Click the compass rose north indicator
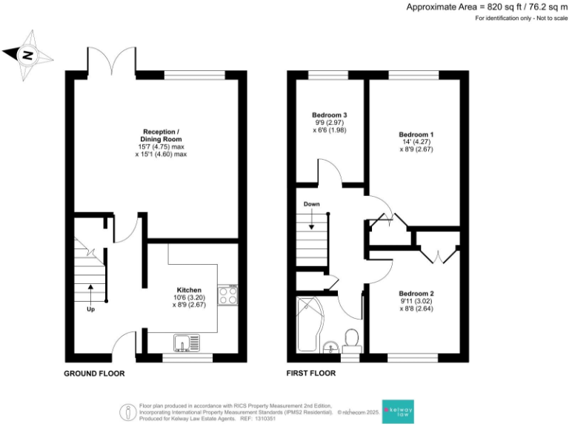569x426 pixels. [x=28, y=54]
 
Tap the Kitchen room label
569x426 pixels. [x=189, y=289]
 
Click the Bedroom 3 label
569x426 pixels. [x=329, y=115]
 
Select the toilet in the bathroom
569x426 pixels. [x=352, y=339]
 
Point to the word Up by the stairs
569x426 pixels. [x=90, y=308]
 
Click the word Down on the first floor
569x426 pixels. [x=311, y=203]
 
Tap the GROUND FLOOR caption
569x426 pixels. [x=94, y=374]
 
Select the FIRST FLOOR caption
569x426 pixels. [x=311, y=374]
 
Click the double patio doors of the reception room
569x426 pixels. [x=111, y=62]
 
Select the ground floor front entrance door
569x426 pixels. [x=125, y=344]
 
